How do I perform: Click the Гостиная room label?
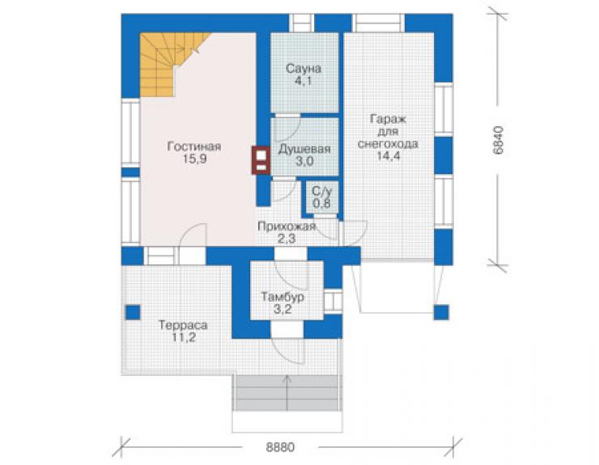pos(194,146)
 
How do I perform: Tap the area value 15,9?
pos(195,159)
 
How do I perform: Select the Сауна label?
pos(304,69)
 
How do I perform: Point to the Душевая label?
pos(304,149)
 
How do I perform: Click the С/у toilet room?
pos(321,197)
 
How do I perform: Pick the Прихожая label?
pos(287,226)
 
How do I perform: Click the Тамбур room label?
pos(283,297)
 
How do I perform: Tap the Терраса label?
pos(183,325)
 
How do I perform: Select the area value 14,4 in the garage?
pos(388,156)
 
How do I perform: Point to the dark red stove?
pos(261,160)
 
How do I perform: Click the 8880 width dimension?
pos(280,447)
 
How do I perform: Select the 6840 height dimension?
pos(498,140)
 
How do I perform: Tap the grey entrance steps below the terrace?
pos(287,393)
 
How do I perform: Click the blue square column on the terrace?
pos(133,313)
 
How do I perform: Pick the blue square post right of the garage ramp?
pos(441,312)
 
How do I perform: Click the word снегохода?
pos(388,144)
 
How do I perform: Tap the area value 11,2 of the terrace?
pos(184,338)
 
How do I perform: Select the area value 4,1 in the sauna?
pos(304,82)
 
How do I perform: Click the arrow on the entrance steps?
pos(287,387)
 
